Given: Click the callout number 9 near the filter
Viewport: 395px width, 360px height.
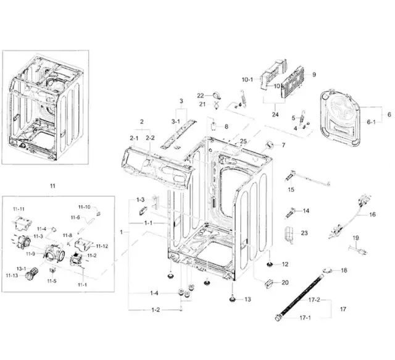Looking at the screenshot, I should point(314,74).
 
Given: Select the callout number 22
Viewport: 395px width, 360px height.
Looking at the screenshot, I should point(200,95).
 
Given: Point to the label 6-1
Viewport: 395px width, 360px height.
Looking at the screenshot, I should point(371,122).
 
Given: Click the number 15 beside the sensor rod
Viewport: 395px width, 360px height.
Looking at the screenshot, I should point(291,189).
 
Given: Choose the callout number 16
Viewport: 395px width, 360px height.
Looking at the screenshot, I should point(372,214).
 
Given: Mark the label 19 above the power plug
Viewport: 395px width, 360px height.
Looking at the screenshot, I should point(355,238).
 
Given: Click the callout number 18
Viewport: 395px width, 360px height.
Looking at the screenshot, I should point(344,270).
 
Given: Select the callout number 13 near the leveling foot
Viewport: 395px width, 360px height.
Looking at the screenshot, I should point(247,299).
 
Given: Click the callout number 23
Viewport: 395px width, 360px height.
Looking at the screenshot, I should point(304,233).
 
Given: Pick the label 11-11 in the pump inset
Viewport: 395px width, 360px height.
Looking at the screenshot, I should point(19,209).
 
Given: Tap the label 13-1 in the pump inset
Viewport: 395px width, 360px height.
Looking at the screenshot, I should point(21,269).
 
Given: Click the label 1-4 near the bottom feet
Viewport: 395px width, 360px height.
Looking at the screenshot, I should point(153,293).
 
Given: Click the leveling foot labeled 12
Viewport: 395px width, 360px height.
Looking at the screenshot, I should point(270,266).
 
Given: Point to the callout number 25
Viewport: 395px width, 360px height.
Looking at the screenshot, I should point(243,141).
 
